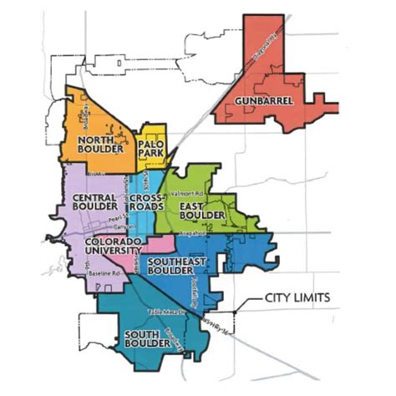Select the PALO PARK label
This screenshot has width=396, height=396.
tap(152, 147)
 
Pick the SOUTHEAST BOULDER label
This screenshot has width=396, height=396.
tap(180, 266)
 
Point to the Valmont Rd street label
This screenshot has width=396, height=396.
tap(185, 194)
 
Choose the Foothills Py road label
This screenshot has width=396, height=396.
tap(211, 288)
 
